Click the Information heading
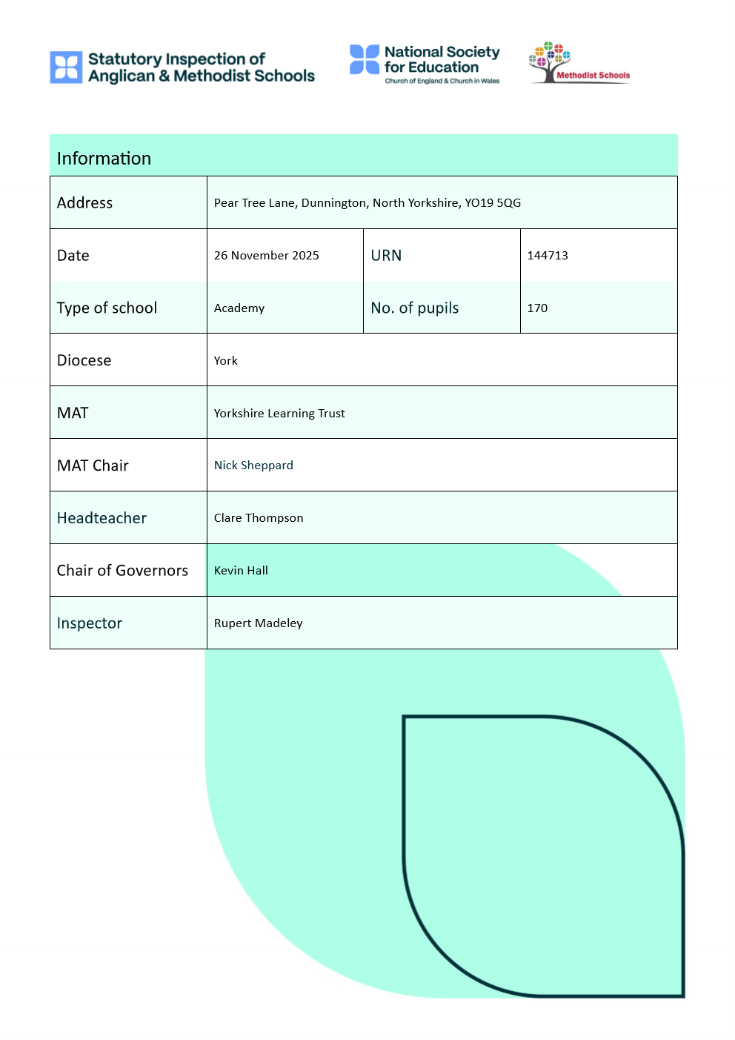click(x=104, y=159)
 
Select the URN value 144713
click(x=548, y=256)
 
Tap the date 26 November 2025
click(x=266, y=256)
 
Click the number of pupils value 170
click(x=537, y=308)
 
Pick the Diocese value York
click(x=225, y=361)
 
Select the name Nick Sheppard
click(x=253, y=466)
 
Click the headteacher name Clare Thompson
click(x=259, y=518)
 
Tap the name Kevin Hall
click(x=241, y=571)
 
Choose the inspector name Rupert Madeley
click(x=258, y=623)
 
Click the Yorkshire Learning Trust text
click(x=279, y=414)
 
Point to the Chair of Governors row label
click(x=122, y=571)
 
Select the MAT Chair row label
click(x=93, y=466)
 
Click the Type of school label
click(x=107, y=308)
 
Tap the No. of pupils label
click(x=414, y=308)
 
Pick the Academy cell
click(x=239, y=308)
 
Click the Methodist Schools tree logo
click(x=550, y=62)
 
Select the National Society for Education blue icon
click(x=365, y=59)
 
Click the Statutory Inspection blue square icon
click(x=66, y=67)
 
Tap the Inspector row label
click(x=89, y=623)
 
